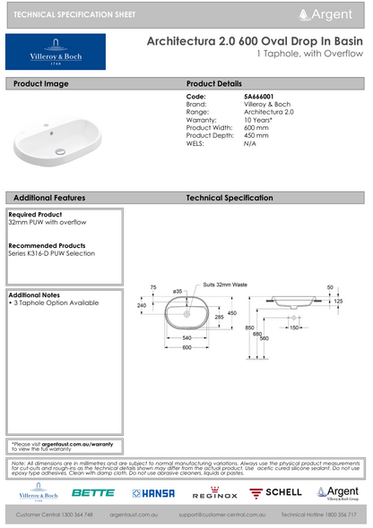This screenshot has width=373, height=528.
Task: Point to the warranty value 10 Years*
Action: (259, 118)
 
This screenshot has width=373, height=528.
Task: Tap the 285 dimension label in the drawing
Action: (218, 318)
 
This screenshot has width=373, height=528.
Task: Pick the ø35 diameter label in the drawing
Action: (178, 292)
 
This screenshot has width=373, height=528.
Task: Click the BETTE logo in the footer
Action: (93, 493)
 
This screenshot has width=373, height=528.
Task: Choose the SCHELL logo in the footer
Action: (275, 493)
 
